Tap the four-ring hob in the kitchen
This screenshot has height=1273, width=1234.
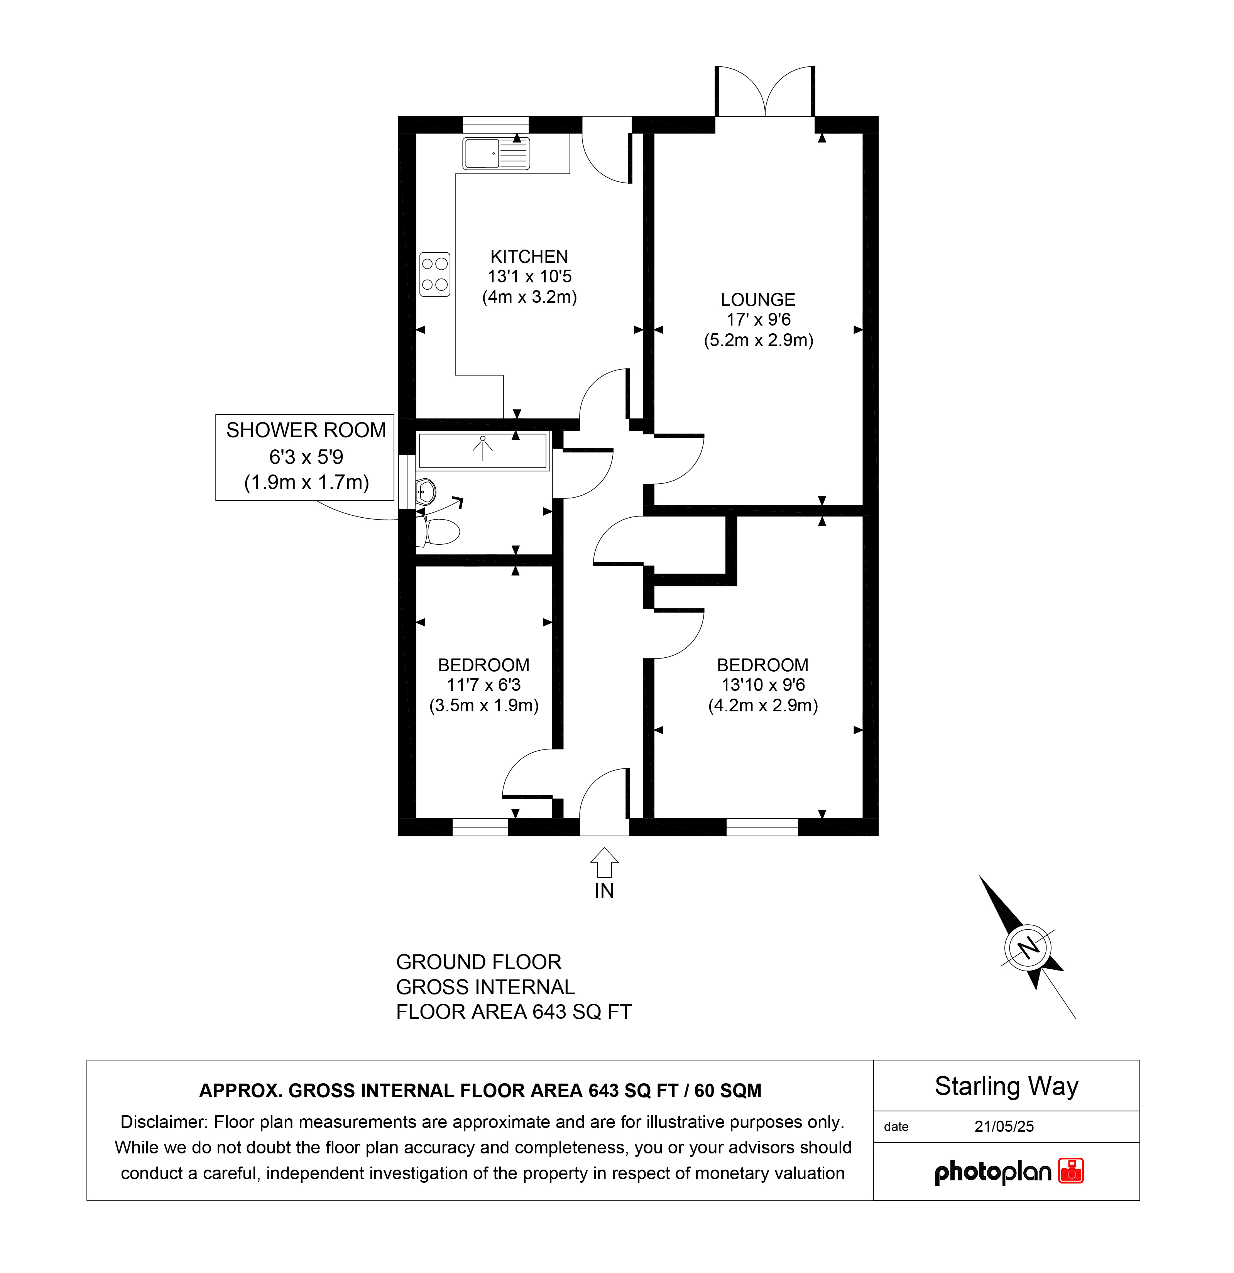[435, 274]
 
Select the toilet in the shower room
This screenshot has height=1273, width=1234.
[439, 531]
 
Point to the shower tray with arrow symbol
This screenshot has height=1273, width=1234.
[483, 450]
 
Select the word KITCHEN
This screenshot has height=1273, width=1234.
[529, 257]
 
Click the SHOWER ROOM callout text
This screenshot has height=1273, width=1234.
[306, 430]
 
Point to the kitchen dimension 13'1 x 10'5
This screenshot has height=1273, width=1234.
[529, 276]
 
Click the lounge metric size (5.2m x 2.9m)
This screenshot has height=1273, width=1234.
[758, 340]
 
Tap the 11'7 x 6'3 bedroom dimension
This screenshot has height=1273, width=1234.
[483, 685]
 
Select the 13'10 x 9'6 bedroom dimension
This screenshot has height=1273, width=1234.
[763, 685]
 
